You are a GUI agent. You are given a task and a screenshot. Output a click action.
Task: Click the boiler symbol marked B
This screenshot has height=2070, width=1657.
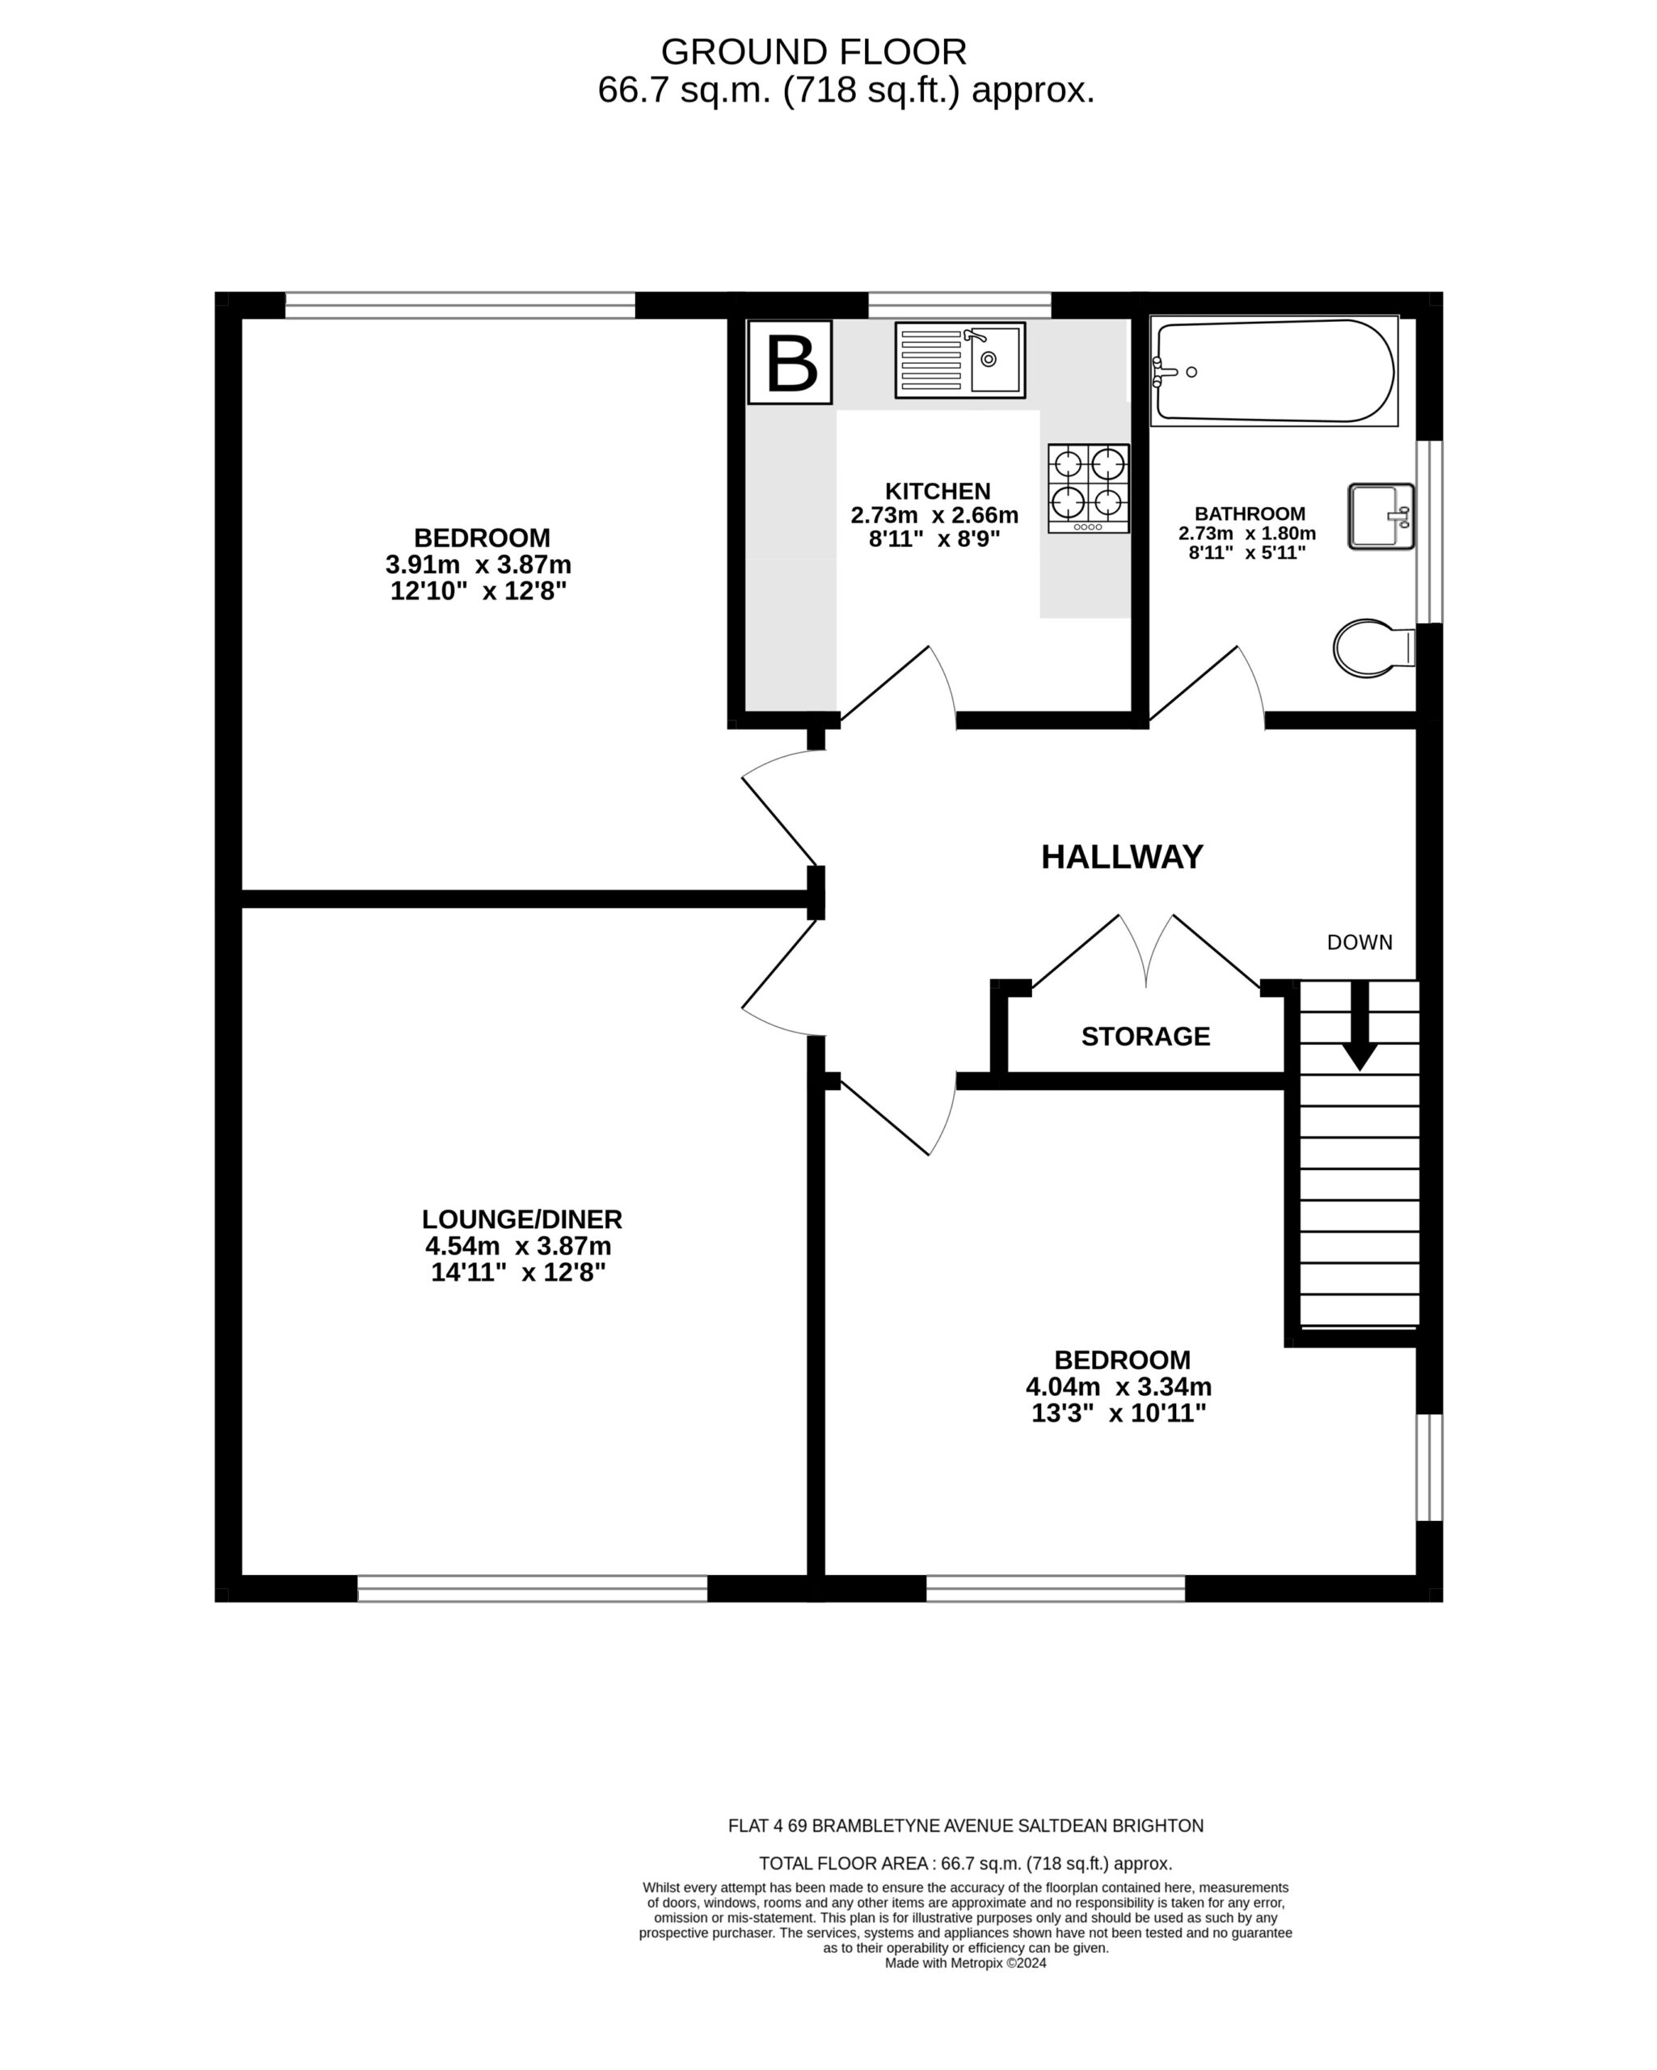[789, 362]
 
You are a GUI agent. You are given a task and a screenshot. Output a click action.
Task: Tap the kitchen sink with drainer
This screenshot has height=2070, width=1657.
[959, 360]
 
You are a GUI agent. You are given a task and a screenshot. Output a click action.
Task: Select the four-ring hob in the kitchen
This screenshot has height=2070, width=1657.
[1088, 488]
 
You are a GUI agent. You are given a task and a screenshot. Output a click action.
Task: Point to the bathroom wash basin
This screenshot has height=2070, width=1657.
[1381, 517]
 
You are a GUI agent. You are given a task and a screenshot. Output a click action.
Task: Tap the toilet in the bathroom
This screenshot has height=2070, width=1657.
[1372, 648]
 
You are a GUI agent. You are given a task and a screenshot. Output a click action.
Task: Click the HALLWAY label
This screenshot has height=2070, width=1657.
[1121, 856]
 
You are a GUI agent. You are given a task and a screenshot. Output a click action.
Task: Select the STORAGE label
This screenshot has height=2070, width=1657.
[1145, 1036]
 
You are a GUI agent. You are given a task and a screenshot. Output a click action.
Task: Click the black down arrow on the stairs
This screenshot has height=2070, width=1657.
[1360, 1025]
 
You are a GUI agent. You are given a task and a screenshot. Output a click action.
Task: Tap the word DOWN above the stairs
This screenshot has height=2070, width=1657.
[1360, 942]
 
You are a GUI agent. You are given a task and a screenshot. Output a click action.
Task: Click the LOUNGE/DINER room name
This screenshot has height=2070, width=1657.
[522, 1219]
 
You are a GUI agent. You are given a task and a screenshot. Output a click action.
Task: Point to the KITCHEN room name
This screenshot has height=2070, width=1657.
[938, 491]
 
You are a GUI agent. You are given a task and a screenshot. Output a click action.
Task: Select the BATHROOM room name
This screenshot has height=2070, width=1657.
[1250, 513]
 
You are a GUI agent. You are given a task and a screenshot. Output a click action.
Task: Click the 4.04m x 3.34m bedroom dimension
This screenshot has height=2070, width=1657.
[1119, 1387]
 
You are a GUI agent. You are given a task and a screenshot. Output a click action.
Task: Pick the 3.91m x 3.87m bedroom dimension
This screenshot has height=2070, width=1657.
[478, 564]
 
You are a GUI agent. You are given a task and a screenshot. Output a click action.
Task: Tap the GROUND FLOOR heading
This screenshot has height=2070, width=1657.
[814, 51]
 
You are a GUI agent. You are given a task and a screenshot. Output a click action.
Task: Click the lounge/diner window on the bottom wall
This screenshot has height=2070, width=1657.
[532, 1588]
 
